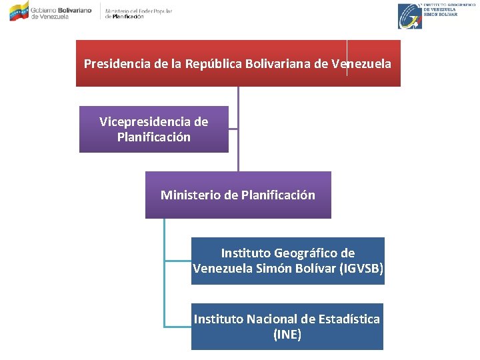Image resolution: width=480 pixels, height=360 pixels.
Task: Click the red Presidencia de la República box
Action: click(x=238, y=63)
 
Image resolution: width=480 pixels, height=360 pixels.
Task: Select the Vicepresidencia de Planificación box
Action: click(x=153, y=129)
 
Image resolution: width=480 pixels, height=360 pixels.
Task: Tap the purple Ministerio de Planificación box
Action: click(x=238, y=195)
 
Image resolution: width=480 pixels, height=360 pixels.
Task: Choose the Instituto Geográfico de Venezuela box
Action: click(x=287, y=261)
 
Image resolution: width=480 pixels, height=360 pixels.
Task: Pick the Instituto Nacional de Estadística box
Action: click(x=287, y=326)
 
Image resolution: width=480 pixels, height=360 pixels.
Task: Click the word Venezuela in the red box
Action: click(x=361, y=64)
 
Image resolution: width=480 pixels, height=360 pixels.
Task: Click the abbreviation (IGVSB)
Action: click(x=361, y=269)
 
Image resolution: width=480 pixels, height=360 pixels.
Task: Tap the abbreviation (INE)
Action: click(x=287, y=335)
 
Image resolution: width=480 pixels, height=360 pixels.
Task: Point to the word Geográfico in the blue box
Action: click(x=305, y=253)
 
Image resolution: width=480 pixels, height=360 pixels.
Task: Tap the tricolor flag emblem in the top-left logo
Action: click(x=19, y=11)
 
